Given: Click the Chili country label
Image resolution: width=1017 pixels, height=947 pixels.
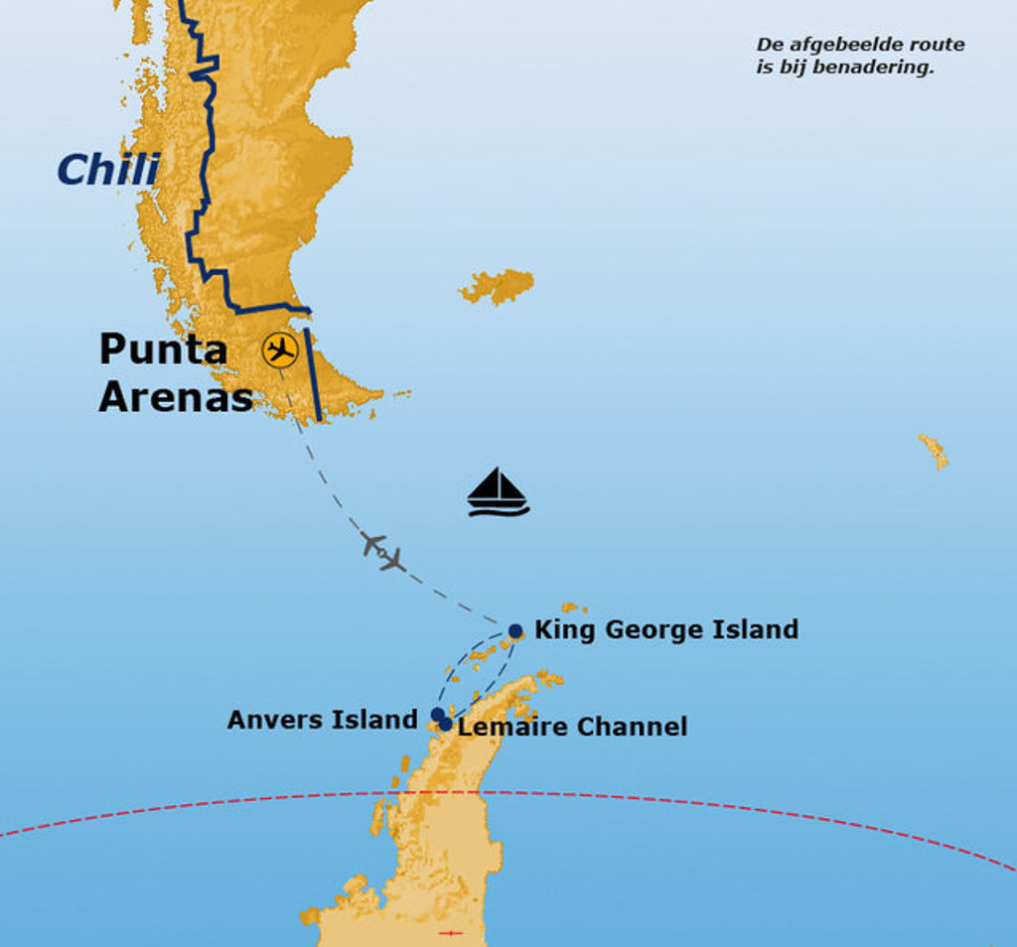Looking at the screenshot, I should click(108, 170).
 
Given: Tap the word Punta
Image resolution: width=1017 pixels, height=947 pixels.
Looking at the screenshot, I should click(163, 349).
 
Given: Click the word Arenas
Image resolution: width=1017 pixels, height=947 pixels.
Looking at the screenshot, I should click(176, 396).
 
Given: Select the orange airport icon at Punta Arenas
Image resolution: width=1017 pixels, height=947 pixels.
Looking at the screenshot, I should click(281, 350).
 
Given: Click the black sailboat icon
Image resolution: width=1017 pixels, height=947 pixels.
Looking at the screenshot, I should click(498, 492).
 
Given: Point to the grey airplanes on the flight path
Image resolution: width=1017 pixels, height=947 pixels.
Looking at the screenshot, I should click(383, 552).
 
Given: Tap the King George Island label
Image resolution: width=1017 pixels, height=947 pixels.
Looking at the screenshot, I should click(665, 629).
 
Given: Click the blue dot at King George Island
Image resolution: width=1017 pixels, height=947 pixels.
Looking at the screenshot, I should click(515, 631).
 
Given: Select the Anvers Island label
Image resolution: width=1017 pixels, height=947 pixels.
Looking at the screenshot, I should click(322, 720).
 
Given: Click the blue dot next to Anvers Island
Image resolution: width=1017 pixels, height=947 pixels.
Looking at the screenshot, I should click(437, 714).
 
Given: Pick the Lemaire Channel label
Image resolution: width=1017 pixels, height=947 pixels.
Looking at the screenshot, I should click(572, 727).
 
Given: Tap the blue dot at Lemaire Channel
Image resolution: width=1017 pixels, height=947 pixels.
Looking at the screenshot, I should click(446, 725).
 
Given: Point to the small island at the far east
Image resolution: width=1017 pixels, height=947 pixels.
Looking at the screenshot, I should click(934, 451).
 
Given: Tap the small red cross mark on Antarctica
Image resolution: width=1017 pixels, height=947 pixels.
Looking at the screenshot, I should click(451, 932).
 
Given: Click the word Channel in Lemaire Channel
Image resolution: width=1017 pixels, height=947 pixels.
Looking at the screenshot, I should click(632, 727).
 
